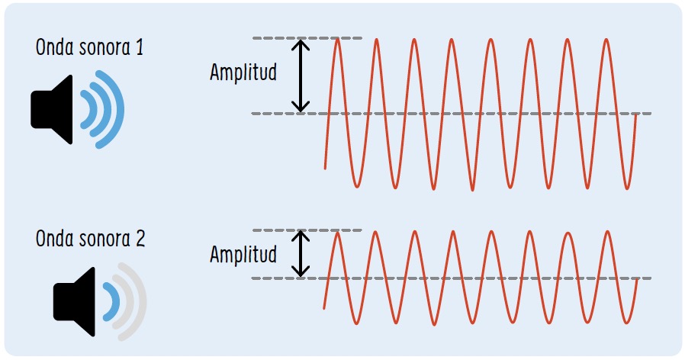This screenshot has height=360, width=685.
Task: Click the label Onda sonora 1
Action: (89, 47)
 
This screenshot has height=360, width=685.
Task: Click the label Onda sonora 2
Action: (90, 239)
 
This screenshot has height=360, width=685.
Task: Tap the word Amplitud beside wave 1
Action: (243, 73)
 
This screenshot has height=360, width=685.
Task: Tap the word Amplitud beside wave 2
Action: (243, 254)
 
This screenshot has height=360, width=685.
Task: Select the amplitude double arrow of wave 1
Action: (302, 76)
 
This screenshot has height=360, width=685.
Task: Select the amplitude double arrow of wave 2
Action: (302, 253)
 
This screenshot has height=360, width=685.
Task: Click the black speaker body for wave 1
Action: (53, 110)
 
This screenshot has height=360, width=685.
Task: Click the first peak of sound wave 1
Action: (338, 40)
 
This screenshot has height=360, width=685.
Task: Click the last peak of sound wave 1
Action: (606, 40)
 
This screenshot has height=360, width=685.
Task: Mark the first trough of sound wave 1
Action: (357, 185)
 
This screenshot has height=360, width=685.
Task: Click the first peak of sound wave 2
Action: (338, 232)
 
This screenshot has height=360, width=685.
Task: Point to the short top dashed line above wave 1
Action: (305, 38)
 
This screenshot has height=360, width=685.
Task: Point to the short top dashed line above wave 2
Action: (305, 230)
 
